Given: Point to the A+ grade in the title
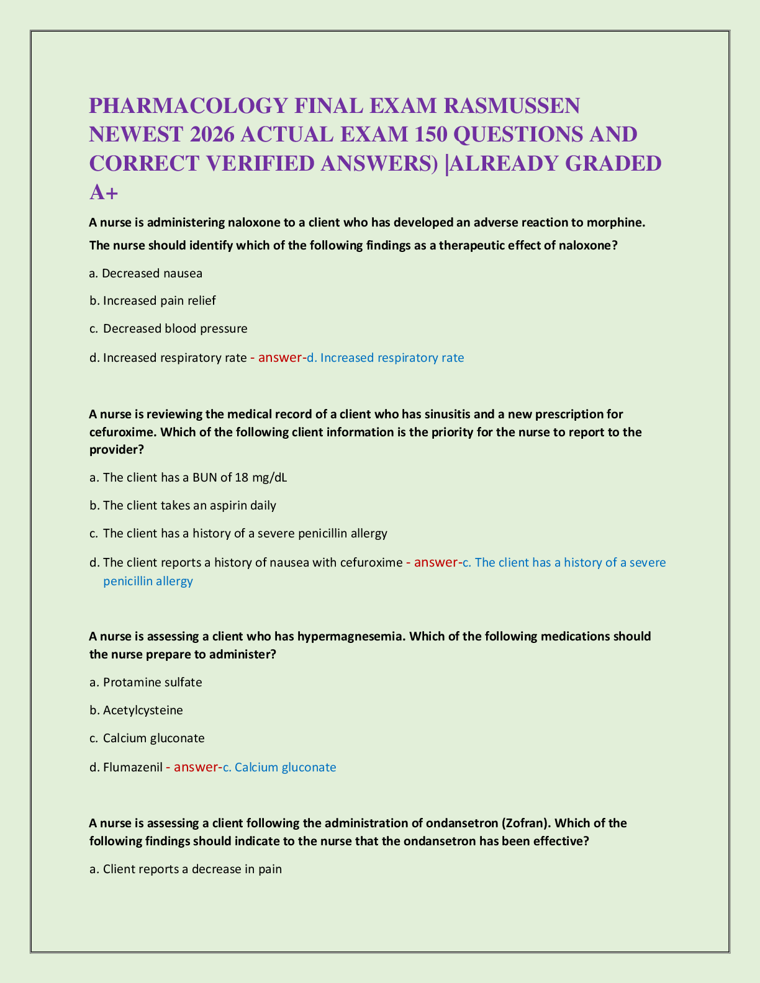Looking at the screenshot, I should (104, 192).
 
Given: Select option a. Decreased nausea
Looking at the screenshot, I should (146, 273).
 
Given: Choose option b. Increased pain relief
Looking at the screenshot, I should (153, 301).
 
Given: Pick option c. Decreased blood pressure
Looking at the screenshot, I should (168, 328).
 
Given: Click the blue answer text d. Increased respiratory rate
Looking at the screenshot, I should (386, 357).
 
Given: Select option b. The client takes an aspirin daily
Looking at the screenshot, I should (183, 505).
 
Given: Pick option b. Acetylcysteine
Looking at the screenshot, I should (136, 710).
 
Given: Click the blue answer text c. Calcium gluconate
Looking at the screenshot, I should (279, 767).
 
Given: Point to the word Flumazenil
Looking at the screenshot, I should (132, 767).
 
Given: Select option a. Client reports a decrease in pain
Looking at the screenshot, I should (186, 869).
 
